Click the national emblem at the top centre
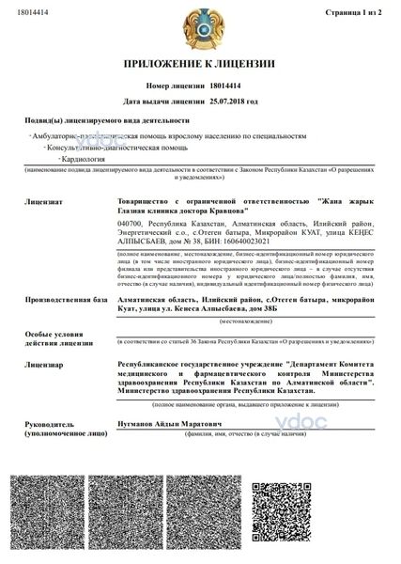200,23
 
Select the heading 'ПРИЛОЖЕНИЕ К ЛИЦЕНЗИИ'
200,63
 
